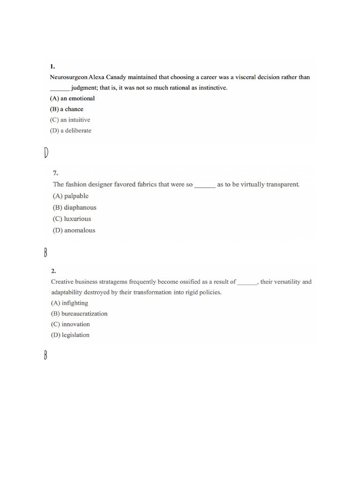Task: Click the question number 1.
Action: click(52, 67)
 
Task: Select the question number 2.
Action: click(53, 271)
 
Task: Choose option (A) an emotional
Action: click(72, 98)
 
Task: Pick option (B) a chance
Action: click(67, 109)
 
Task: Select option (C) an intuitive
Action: click(70, 120)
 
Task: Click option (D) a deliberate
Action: click(70, 131)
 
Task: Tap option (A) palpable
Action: click(70, 196)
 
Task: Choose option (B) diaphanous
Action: click(75, 208)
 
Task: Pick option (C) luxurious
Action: click(72, 219)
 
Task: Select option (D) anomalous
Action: click(74, 230)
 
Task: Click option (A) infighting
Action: click(69, 303)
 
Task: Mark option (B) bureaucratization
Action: click(79, 314)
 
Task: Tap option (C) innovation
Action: click(70, 324)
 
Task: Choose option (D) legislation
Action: click(70, 335)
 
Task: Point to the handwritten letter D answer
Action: click(46, 153)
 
